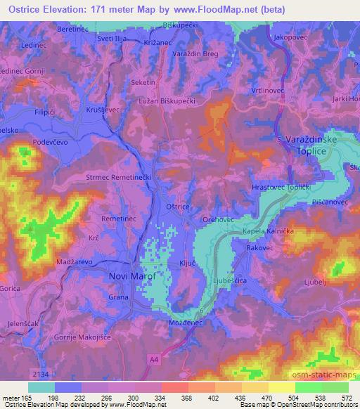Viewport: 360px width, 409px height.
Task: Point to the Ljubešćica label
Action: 231,280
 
